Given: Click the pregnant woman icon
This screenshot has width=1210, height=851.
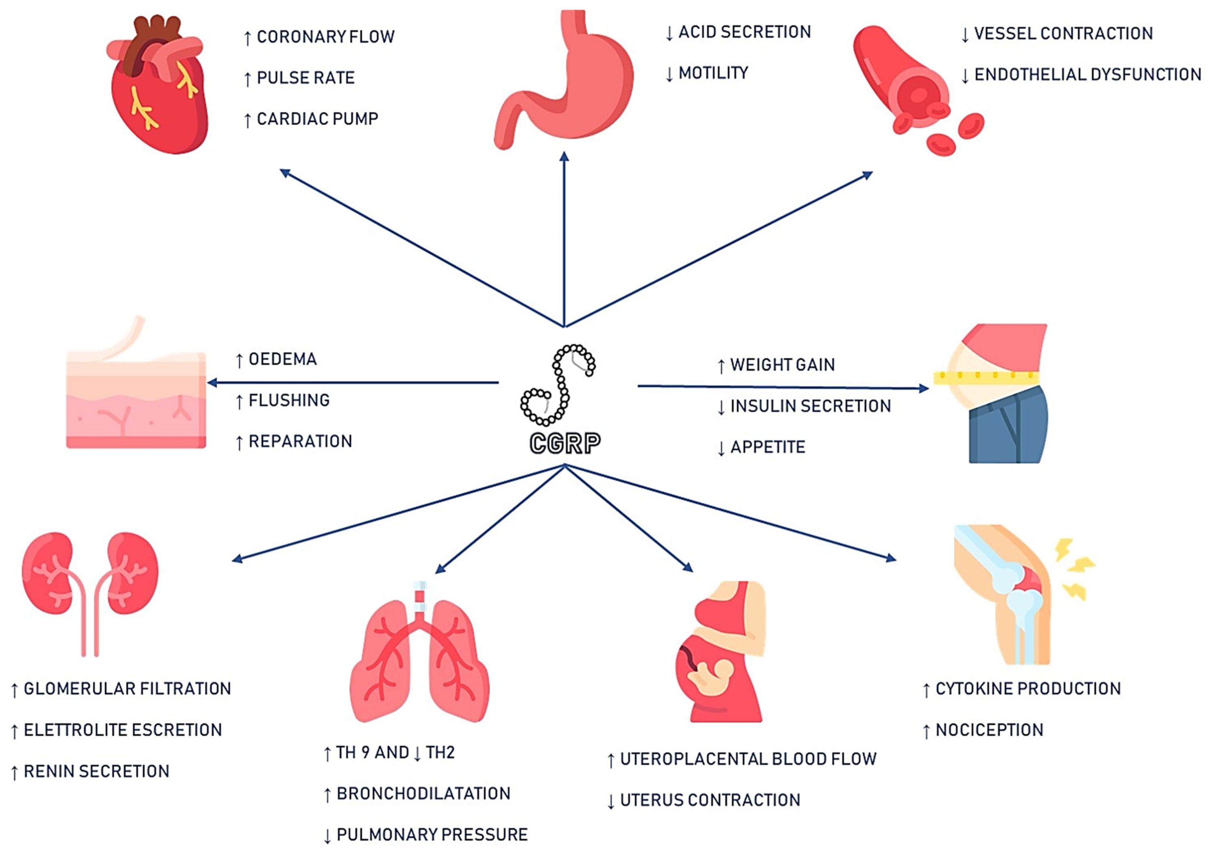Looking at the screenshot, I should click(722, 653).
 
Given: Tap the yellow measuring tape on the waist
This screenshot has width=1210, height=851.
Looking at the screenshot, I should click(985, 377).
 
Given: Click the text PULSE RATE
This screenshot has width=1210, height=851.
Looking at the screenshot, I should click(305, 78).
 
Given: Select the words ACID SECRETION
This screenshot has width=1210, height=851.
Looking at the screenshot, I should click(744, 32).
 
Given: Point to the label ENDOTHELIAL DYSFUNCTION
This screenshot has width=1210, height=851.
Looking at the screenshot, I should click(1087, 75).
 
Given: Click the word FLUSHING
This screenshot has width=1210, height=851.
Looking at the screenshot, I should click(289, 401).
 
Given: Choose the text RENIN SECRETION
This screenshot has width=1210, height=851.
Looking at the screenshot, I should click(96, 772).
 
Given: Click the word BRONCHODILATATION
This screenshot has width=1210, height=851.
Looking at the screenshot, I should click(423, 794).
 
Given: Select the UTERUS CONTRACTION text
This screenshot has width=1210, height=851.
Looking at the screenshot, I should click(710, 801).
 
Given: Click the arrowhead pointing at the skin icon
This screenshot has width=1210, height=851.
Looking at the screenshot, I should click(212, 383).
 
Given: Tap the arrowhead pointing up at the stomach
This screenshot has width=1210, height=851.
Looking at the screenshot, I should click(564, 156).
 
